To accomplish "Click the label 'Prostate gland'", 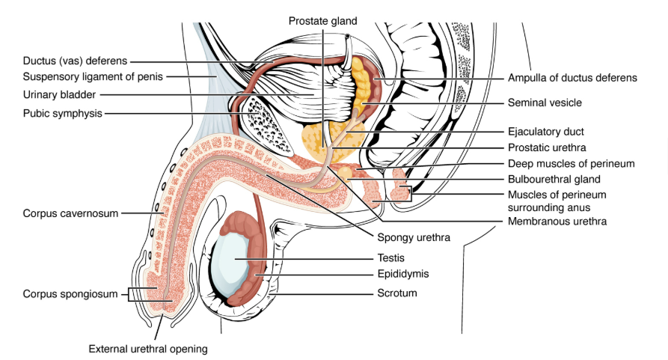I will coord(323,20).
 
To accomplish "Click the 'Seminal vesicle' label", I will coord(545,103).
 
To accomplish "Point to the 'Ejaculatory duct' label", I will coord(546,132).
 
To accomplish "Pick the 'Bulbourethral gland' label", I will coord(554,179).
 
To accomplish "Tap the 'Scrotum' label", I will coord(397,293).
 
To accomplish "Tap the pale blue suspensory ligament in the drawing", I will coord(209,82).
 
